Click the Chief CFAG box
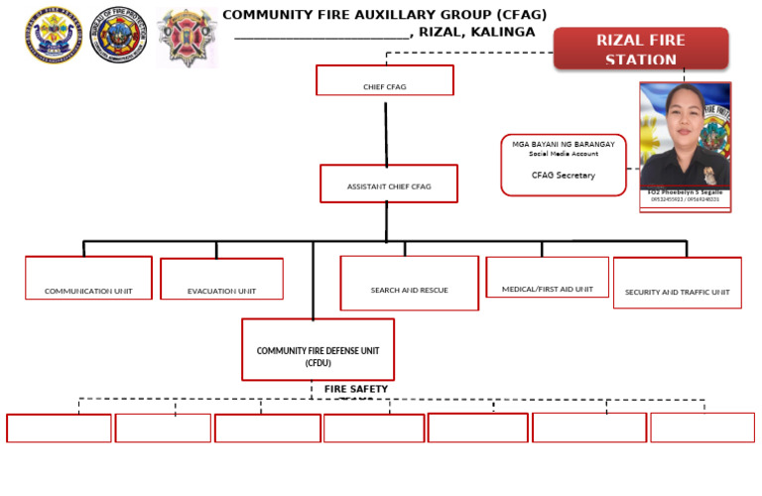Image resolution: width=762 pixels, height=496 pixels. pyautogui.click(x=384, y=80)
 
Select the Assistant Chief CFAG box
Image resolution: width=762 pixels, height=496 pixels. pyautogui.click(x=389, y=184)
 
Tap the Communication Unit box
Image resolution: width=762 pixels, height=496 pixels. pyautogui.click(x=88, y=278)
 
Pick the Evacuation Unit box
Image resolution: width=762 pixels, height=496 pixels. pyautogui.click(x=221, y=279)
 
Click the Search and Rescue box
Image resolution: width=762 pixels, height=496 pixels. pyautogui.click(x=409, y=283)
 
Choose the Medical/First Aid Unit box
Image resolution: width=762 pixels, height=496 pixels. pyautogui.click(x=547, y=278)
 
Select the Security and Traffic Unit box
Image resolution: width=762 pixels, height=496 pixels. pyautogui.click(x=677, y=283)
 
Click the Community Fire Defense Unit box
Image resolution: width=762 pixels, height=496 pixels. pyautogui.click(x=317, y=349)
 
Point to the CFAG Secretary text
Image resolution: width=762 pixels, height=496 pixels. pyautogui.click(x=563, y=176)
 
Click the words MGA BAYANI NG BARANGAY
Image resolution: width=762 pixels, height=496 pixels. pyautogui.click(x=563, y=145)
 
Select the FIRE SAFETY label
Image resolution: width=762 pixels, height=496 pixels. pyautogui.click(x=355, y=389)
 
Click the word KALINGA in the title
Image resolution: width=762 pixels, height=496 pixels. pyautogui.click(x=503, y=32)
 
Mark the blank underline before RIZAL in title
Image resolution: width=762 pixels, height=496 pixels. pyautogui.click(x=322, y=34)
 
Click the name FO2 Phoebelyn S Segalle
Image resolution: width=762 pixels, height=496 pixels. pyautogui.click(x=685, y=191)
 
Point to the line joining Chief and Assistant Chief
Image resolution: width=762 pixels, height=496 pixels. pyautogui.click(x=386, y=129)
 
